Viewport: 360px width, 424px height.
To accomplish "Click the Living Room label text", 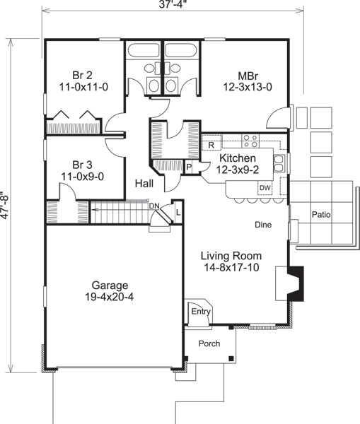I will point(231,256).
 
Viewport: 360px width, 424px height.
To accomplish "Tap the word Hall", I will point(146,183).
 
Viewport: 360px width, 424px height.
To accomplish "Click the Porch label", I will point(207,343).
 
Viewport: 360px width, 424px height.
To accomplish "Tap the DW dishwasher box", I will point(265,187).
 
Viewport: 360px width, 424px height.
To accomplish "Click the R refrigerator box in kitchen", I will point(211,146).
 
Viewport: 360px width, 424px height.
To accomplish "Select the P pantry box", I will point(189,167).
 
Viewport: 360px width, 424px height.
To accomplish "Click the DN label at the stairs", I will point(155,206).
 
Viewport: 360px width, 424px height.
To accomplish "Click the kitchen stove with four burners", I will point(250,139).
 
